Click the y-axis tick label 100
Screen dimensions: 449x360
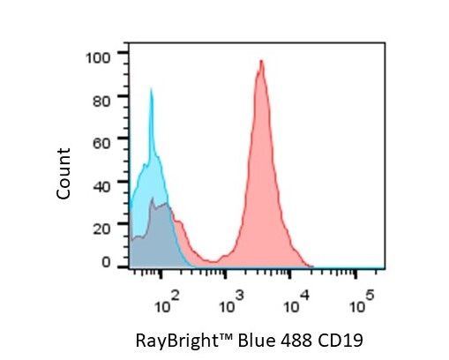(x=98, y=58)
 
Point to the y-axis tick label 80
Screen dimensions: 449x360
(x=101, y=101)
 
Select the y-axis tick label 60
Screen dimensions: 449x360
(x=101, y=144)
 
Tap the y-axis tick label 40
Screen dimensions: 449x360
(x=101, y=186)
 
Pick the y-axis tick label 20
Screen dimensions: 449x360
(x=101, y=229)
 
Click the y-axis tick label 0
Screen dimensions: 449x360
(x=106, y=262)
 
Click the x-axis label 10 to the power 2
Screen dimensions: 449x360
(x=167, y=302)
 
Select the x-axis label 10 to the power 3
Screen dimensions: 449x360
(x=232, y=302)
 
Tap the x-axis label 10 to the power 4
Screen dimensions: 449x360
(x=296, y=302)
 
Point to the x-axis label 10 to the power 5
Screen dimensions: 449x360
(x=362, y=302)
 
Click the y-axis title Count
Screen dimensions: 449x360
(x=64, y=174)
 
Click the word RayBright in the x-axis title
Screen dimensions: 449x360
(x=175, y=341)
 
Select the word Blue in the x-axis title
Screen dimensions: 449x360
(x=257, y=341)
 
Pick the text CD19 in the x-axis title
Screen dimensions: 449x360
(x=340, y=341)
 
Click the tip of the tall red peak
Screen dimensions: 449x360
(x=261, y=60)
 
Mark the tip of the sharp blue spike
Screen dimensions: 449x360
(x=151, y=88)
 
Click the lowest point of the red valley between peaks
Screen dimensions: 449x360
(x=213, y=262)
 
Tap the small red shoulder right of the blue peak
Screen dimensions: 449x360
(x=180, y=222)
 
